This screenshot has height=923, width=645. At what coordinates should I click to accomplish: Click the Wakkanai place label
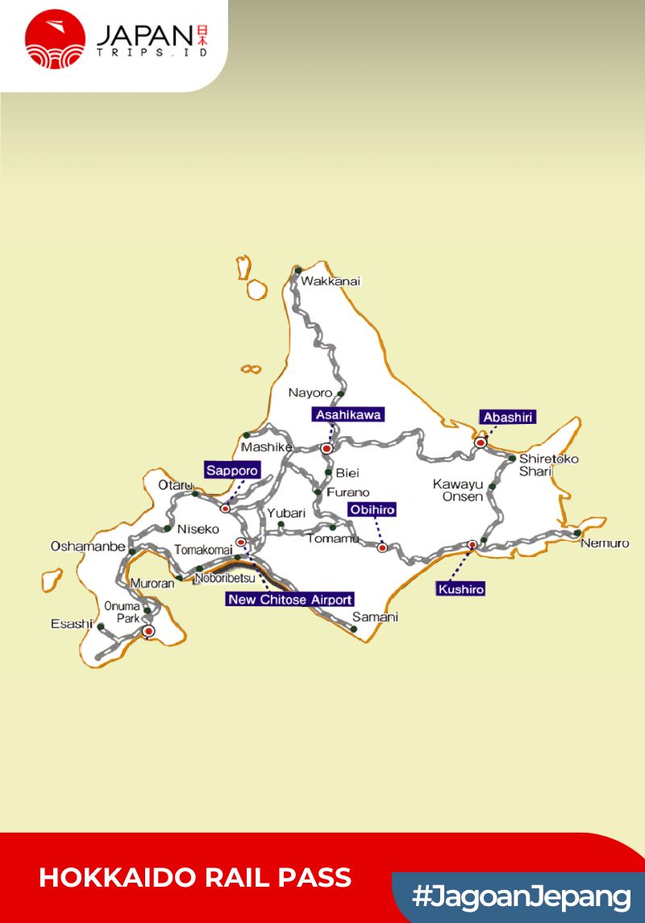click(331, 281)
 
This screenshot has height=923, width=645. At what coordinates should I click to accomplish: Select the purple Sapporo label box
click(232, 470)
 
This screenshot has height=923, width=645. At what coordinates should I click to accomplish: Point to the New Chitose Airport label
click(289, 599)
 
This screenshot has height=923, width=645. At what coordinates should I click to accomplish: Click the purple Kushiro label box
click(461, 589)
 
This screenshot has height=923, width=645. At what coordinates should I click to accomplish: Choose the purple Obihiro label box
click(372, 509)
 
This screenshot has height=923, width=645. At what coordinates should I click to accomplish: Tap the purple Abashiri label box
click(508, 417)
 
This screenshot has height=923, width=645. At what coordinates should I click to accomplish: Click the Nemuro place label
click(605, 543)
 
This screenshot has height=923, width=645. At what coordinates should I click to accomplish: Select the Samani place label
click(375, 617)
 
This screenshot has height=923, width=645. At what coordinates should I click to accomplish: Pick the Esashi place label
click(72, 623)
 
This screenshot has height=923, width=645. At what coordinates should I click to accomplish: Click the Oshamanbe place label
click(88, 546)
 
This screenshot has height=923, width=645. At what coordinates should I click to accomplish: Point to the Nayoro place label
click(310, 393)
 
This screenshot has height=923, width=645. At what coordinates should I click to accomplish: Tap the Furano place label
click(348, 492)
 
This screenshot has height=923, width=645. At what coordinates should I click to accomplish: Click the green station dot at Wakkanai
click(298, 270)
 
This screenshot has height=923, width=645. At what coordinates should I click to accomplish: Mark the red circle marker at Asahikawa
click(327, 448)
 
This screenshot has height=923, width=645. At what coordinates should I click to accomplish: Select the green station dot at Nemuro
click(577, 533)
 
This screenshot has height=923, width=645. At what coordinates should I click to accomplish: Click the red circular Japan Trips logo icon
click(55, 39)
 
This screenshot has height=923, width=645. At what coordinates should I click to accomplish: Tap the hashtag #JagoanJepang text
click(521, 896)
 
